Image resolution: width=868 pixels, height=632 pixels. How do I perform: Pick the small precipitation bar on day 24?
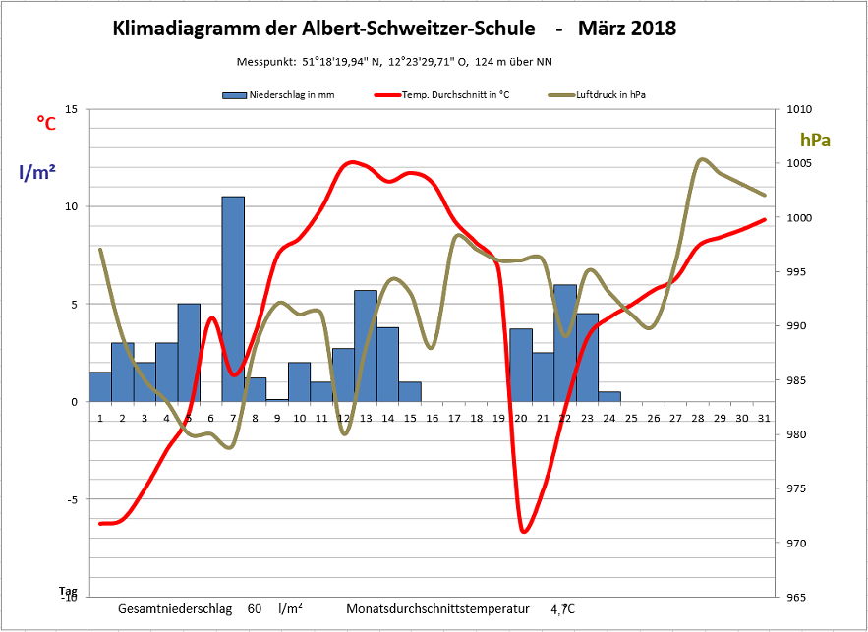[609, 396]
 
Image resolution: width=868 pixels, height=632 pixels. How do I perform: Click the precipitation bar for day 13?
[366, 345]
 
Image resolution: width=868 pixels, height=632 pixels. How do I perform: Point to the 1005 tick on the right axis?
[788, 163]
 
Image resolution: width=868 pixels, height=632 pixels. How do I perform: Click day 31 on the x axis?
[763, 418]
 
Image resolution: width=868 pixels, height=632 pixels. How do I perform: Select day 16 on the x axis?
[432, 418]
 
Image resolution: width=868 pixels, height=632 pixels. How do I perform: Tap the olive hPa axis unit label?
[815, 140]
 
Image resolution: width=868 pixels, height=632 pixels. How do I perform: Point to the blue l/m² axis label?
[37, 172]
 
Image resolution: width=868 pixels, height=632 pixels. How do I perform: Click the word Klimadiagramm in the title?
[191, 29]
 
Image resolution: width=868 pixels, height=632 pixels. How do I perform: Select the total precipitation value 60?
[255, 609]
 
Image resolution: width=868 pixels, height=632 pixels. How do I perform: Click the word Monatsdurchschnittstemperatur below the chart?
[437, 609]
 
